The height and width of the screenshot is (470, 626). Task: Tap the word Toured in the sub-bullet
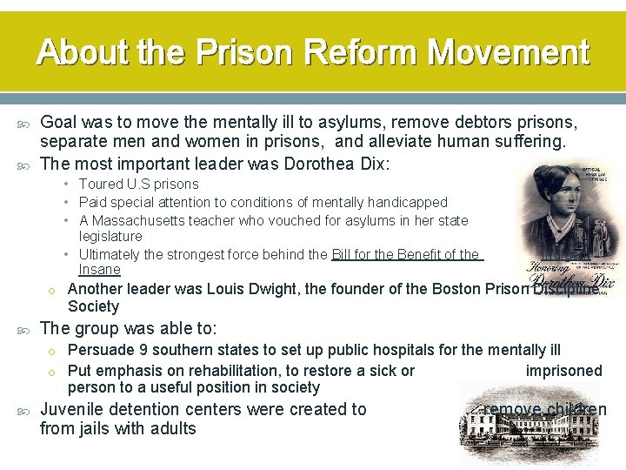102,184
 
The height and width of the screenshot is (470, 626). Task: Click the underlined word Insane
99,270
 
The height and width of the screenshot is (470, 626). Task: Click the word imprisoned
563,371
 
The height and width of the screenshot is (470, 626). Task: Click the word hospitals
378,351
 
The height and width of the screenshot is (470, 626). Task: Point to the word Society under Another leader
93,306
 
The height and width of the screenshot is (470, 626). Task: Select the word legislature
110,236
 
